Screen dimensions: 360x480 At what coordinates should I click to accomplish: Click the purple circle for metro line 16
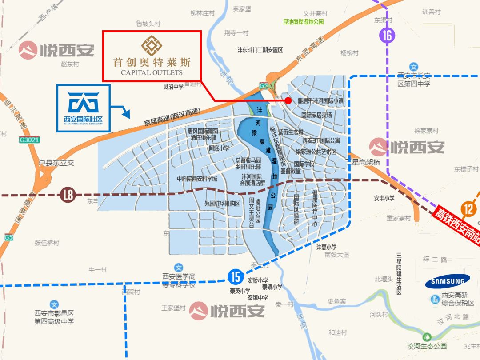[388, 35]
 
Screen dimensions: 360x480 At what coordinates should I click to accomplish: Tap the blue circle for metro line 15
[236, 277]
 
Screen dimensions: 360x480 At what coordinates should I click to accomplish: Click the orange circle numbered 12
[468, 208]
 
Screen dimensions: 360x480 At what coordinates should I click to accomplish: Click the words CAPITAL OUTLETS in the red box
[152, 72]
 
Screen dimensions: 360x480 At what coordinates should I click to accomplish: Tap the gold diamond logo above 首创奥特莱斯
[152, 45]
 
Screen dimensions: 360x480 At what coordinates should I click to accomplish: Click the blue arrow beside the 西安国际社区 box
[120, 111]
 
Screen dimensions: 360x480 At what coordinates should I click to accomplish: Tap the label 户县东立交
[56, 163]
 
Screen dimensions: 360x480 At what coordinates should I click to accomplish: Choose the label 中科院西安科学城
[197, 179]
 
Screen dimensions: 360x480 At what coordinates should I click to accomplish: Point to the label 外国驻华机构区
[222, 204]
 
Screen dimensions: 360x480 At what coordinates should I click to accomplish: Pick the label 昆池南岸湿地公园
[304, 22]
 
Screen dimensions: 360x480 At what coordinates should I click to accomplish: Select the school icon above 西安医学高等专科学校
[178, 268]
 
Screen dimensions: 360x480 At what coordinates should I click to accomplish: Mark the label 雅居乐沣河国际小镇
[320, 101]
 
